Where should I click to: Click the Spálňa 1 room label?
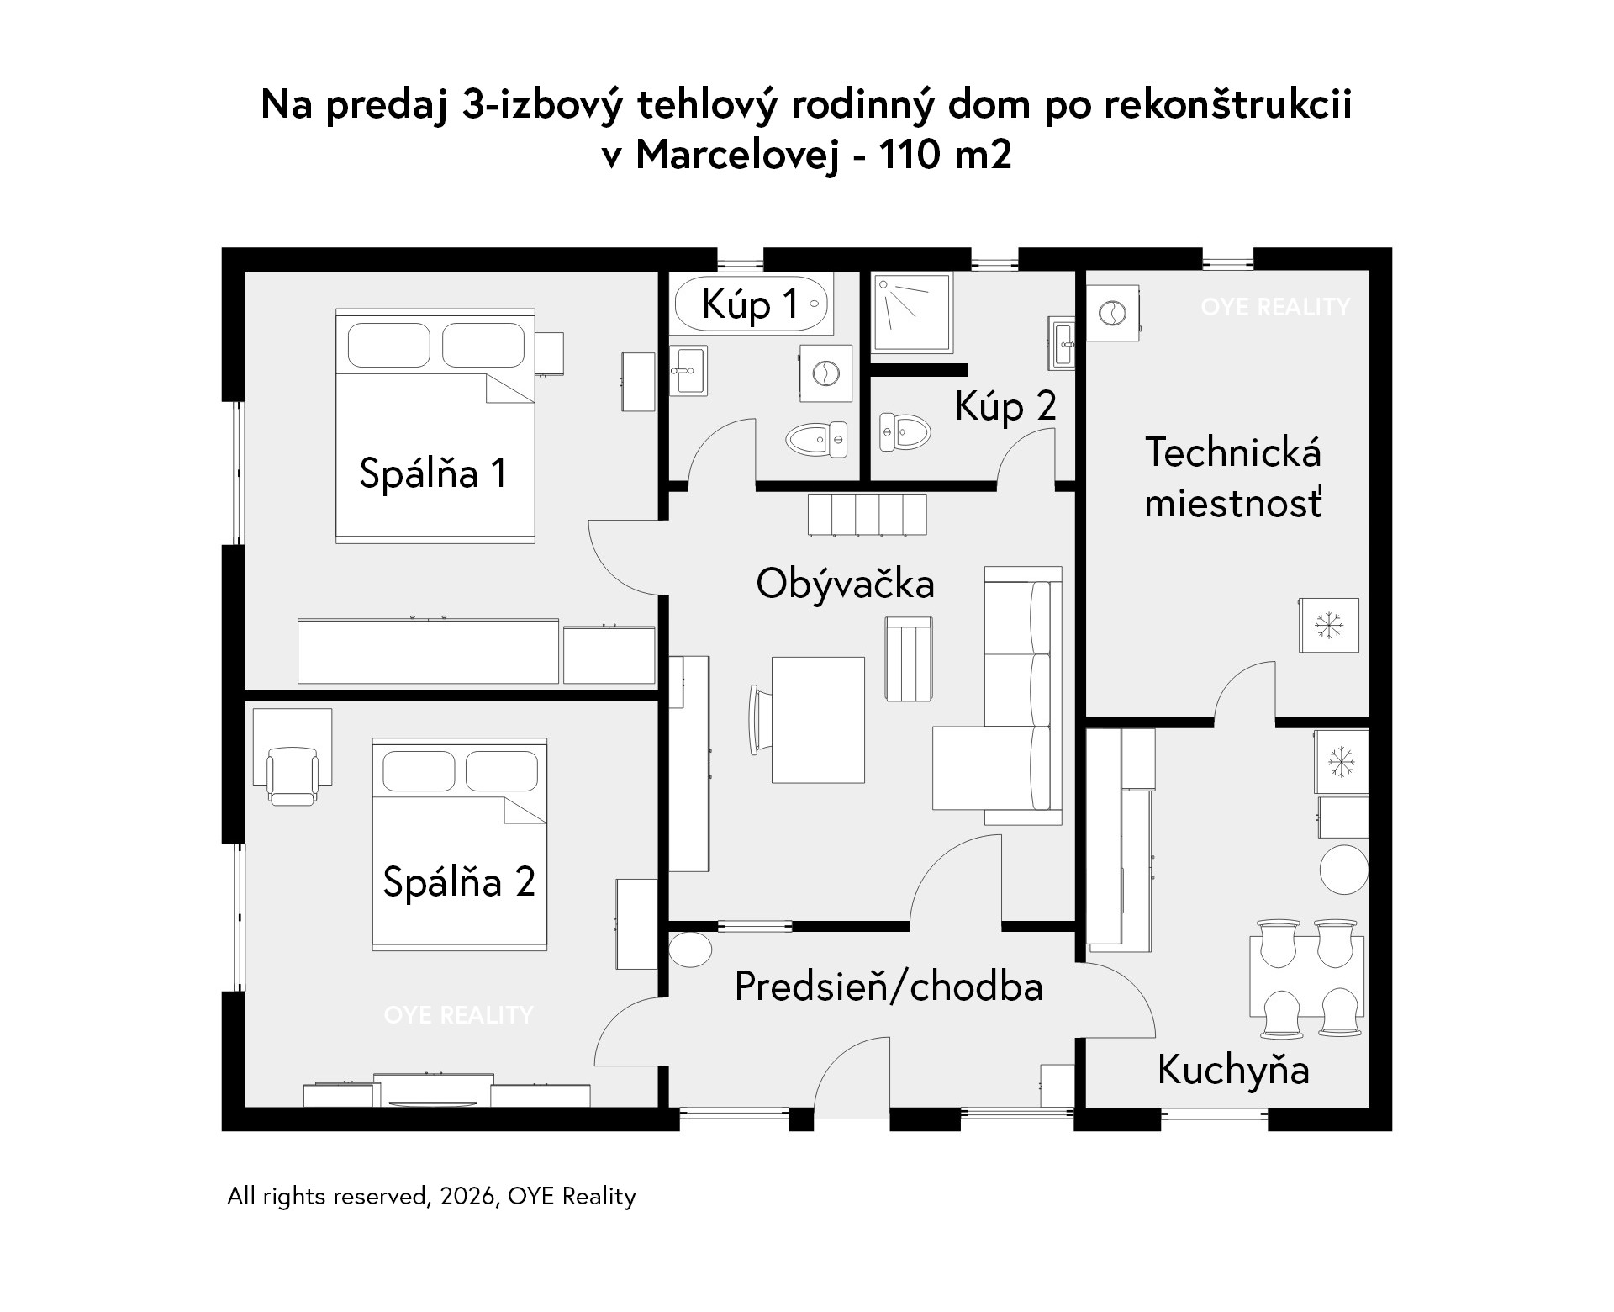click(433, 473)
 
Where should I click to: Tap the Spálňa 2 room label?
click(459, 881)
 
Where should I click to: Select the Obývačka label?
click(845, 583)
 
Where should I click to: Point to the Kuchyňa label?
click(1233, 1071)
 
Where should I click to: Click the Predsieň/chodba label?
click(889, 987)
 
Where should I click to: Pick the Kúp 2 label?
click(1005, 407)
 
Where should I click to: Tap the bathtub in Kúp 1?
click(751, 304)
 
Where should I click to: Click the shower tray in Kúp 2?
click(914, 312)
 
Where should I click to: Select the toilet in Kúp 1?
click(818, 438)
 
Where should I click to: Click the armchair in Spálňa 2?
click(293, 775)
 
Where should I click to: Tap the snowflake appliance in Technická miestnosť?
click(1328, 625)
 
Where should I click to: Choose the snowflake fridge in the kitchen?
click(1342, 762)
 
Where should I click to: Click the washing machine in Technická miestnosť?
click(1113, 313)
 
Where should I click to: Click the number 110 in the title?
click(907, 155)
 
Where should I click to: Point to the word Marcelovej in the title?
click(736, 156)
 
